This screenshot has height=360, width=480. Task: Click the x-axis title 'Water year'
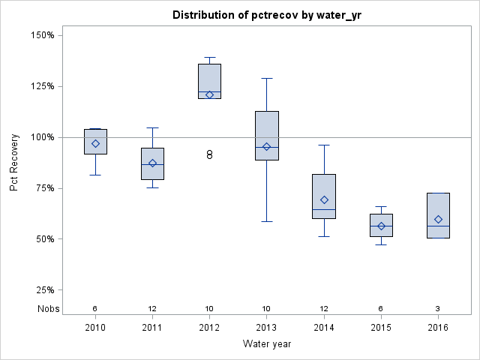[x=266, y=343]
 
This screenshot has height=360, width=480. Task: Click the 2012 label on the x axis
[x=209, y=328]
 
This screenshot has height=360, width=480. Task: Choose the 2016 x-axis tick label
[x=438, y=328]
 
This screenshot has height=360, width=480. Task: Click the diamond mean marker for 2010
[x=95, y=143]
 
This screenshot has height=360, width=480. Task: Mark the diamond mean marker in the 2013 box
[x=266, y=146]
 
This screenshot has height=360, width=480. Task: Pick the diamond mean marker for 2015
[x=381, y=226]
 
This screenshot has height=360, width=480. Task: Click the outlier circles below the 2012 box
[x=210, y=154]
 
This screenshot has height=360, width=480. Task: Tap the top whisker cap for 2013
[x=267, y=78]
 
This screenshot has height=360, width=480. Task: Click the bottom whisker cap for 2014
[x=324, y=236]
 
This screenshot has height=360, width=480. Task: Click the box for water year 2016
[x=438, y=215]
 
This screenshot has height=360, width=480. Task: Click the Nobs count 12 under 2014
[x=324, y=309]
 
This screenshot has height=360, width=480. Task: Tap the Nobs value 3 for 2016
[x=438, y=309]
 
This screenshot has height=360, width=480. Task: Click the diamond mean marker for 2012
[x=209, y=94]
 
